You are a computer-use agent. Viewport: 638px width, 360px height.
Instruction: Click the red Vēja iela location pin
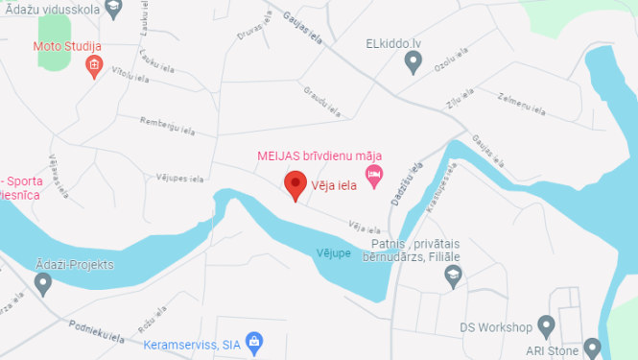tap(296, 183)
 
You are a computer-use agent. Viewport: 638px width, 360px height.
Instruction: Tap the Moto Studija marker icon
tap(94, 66)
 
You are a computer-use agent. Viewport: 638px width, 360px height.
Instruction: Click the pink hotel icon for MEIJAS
tap(374, 174)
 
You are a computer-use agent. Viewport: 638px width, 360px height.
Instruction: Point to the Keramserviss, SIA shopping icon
tap(254, 342)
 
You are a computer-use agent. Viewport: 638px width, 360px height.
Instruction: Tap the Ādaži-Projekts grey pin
tap(42, 283)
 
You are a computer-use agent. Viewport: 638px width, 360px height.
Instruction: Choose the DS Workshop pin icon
tap(546, 326)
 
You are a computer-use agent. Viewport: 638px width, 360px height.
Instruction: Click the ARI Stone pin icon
tap(591, 348)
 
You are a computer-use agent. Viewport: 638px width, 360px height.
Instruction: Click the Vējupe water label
tap(332, 252)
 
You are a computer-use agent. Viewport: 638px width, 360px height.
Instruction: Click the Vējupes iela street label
tap(180, 179)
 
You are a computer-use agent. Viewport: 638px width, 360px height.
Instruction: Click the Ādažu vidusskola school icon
tap(114, 9)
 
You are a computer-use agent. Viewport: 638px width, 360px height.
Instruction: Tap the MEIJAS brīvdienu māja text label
tap(319, 156)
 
